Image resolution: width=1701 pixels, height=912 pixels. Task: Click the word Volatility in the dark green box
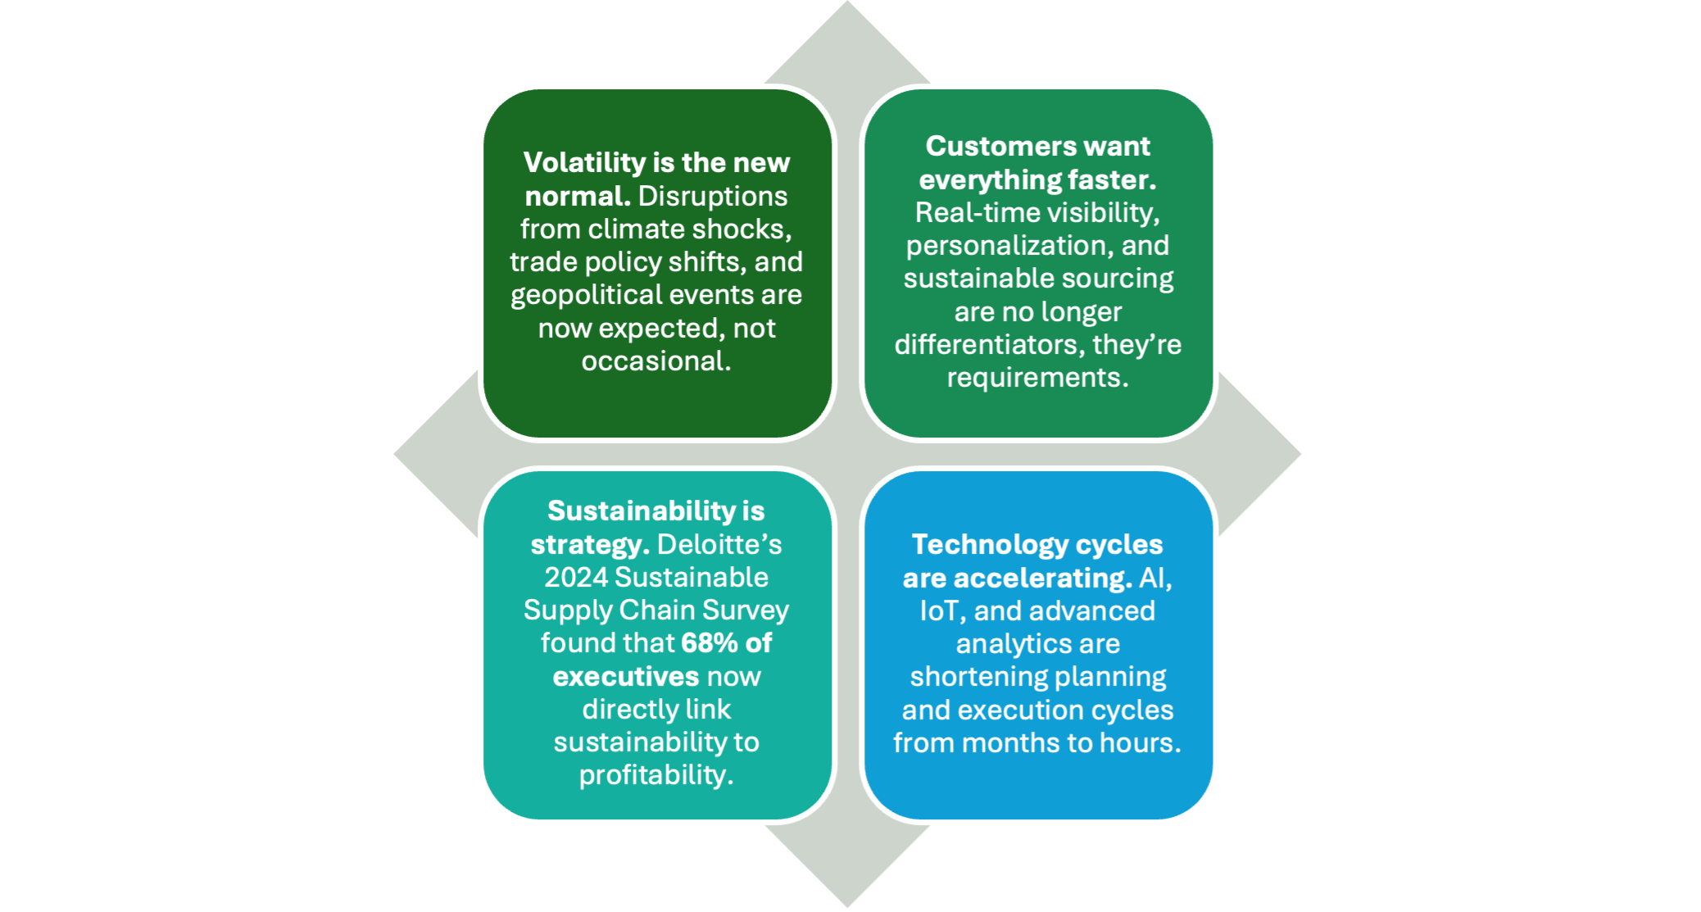pyautogui.click(x=585, y=163)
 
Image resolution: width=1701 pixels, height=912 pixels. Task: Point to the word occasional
pyautogui.click(x=655, y=361)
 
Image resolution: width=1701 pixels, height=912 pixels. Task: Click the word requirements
pyautogui.click(x=1037, y=378)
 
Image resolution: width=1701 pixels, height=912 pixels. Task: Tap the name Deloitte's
pyautogui.click(x=719, y=545)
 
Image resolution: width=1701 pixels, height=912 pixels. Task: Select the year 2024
pyautogui.click(x=576, y=578)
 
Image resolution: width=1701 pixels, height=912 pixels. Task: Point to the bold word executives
pyautogui.click(x=626, y=677)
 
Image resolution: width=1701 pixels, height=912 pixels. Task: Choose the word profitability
pyautogui.click(x=655, y=775)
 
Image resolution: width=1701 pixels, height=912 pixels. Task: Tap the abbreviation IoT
pyautogui.click(x=938, y=611)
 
